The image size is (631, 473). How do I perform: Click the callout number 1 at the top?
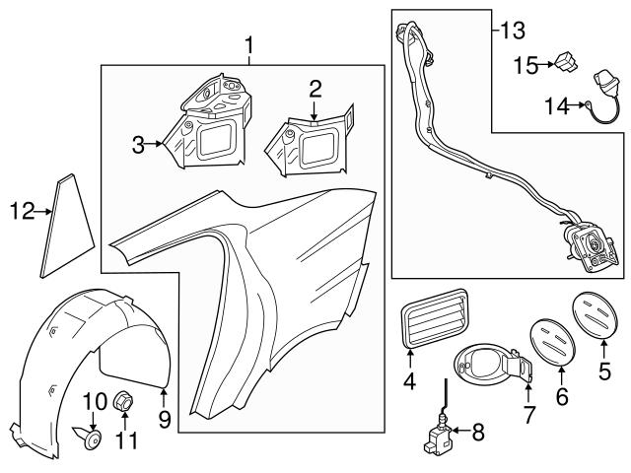(x=249, y=44)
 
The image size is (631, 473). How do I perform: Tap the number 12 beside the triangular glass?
(x=21, y=211)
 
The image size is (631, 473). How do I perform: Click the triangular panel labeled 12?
(x=68, y=226)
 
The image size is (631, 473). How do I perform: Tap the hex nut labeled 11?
(x=124, y=401)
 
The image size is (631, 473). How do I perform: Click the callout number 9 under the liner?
(x=165, y=420)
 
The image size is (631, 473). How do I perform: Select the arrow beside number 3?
(x=156, y=145)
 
